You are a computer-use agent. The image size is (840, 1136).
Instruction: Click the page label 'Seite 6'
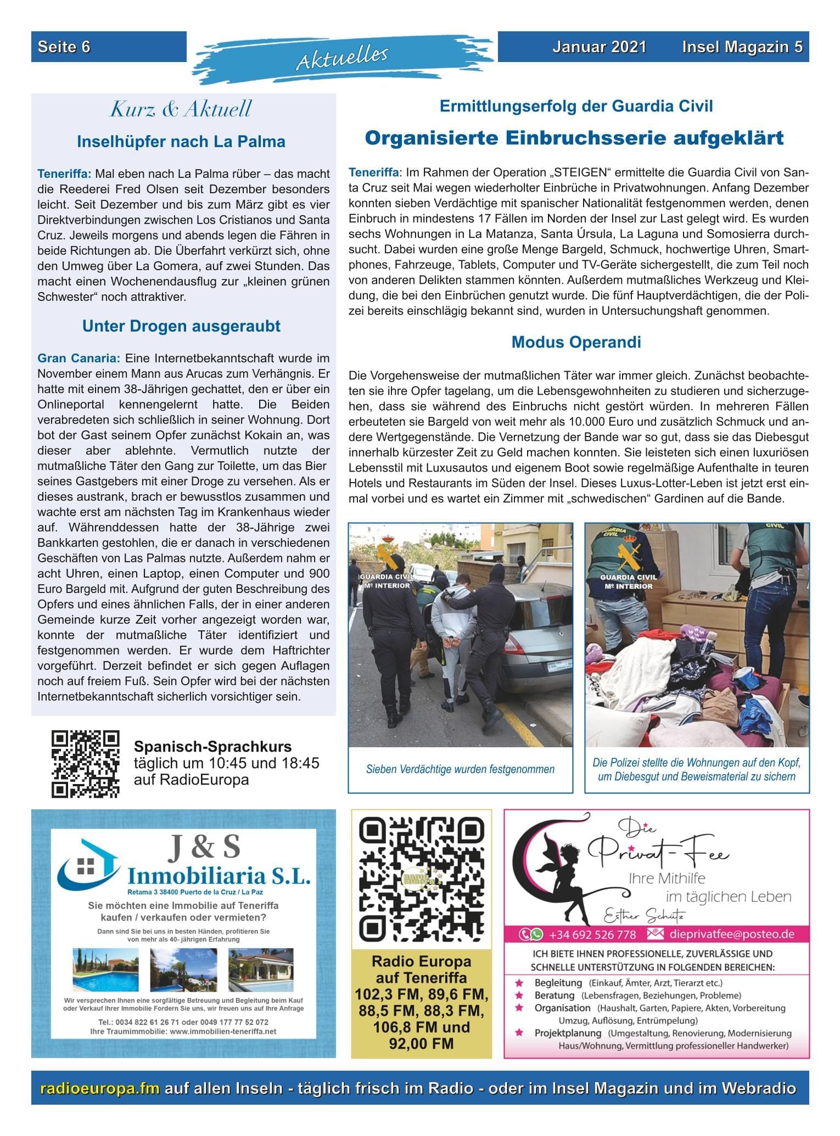(x=64, y=47)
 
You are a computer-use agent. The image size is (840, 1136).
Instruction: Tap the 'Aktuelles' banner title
(x=342, y=57)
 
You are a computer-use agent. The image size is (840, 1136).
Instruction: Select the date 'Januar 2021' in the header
(x=599, y=47)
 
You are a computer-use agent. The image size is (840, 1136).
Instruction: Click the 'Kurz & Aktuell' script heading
(x=181, y=109)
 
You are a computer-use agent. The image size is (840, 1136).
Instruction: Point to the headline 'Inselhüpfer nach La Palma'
(x=181, y=142)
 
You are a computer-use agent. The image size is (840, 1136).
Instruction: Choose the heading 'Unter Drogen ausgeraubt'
(x=181, y=326)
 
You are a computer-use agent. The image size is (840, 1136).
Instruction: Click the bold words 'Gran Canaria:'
(x=78, y=359)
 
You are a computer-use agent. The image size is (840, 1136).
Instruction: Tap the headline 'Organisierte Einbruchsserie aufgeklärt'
(x=574, y=138)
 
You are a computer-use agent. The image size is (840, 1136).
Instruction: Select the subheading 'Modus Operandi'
(x=576, y=342)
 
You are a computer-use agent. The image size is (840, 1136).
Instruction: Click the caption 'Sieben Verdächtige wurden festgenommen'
(x=460, y=769)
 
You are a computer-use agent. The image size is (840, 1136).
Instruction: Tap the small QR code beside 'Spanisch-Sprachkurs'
(x=85, y=763)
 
